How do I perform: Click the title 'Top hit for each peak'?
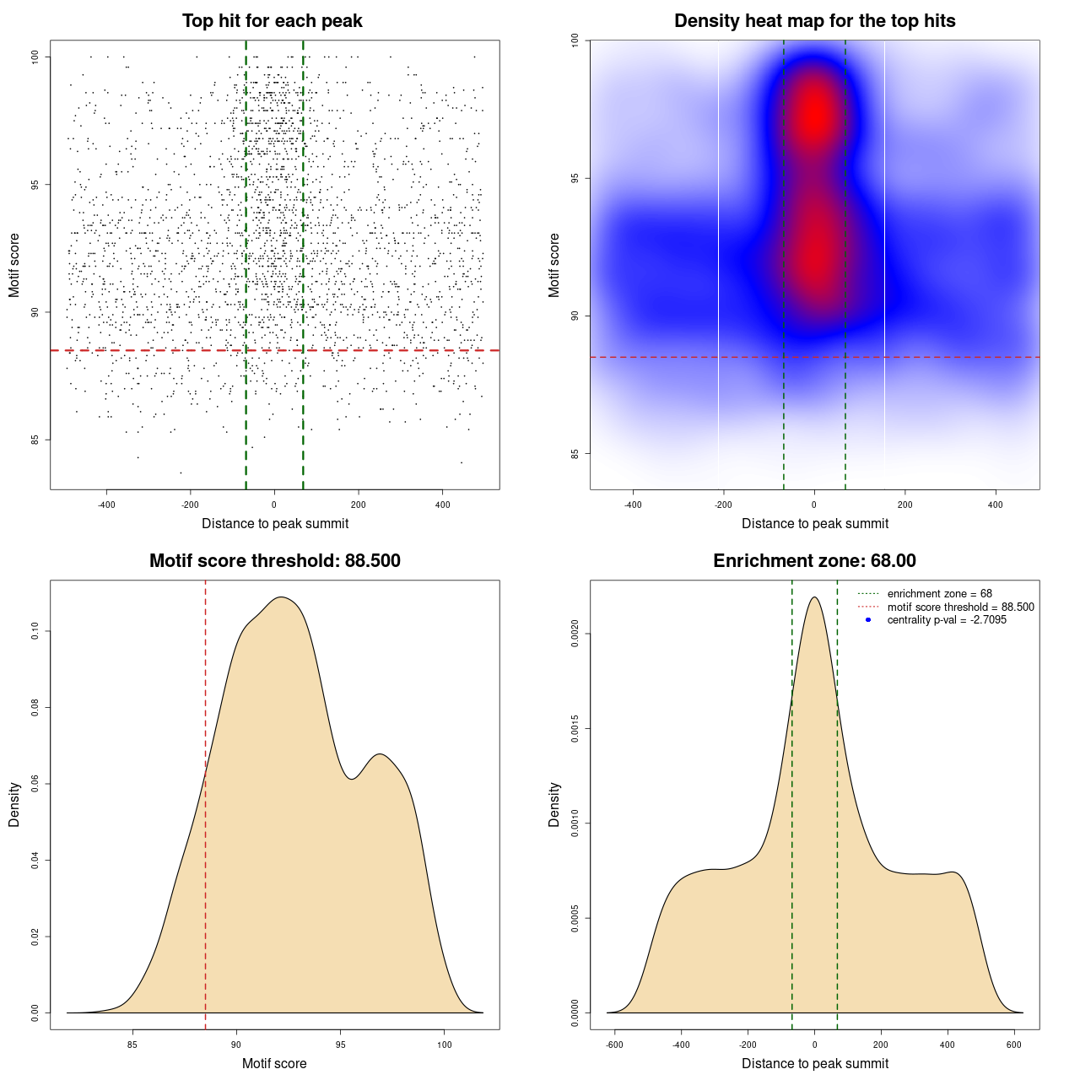(272, 21)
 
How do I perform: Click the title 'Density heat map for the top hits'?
(814, 21)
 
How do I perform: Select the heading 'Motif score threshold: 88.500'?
(274, 561)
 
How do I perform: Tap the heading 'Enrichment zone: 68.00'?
(814, 561)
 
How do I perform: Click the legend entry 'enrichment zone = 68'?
(939, 594)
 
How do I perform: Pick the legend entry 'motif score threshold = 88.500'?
(960, 607)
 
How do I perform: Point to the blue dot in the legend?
(868, 620)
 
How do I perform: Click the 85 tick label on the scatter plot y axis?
(35, 440)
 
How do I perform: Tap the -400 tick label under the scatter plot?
(106, 505)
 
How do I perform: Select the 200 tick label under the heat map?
(905, 505)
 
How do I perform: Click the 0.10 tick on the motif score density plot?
(35, 631)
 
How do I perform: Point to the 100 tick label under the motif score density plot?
(445, 1045)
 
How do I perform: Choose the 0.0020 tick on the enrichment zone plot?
(575, 634)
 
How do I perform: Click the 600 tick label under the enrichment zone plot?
(1014, 1045)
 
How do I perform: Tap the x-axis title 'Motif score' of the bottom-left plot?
(274, 1064)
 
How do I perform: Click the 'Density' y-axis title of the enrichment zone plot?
(554, 804)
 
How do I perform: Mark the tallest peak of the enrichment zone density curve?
(814, 597)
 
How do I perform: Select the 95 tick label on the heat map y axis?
(575, 178)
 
